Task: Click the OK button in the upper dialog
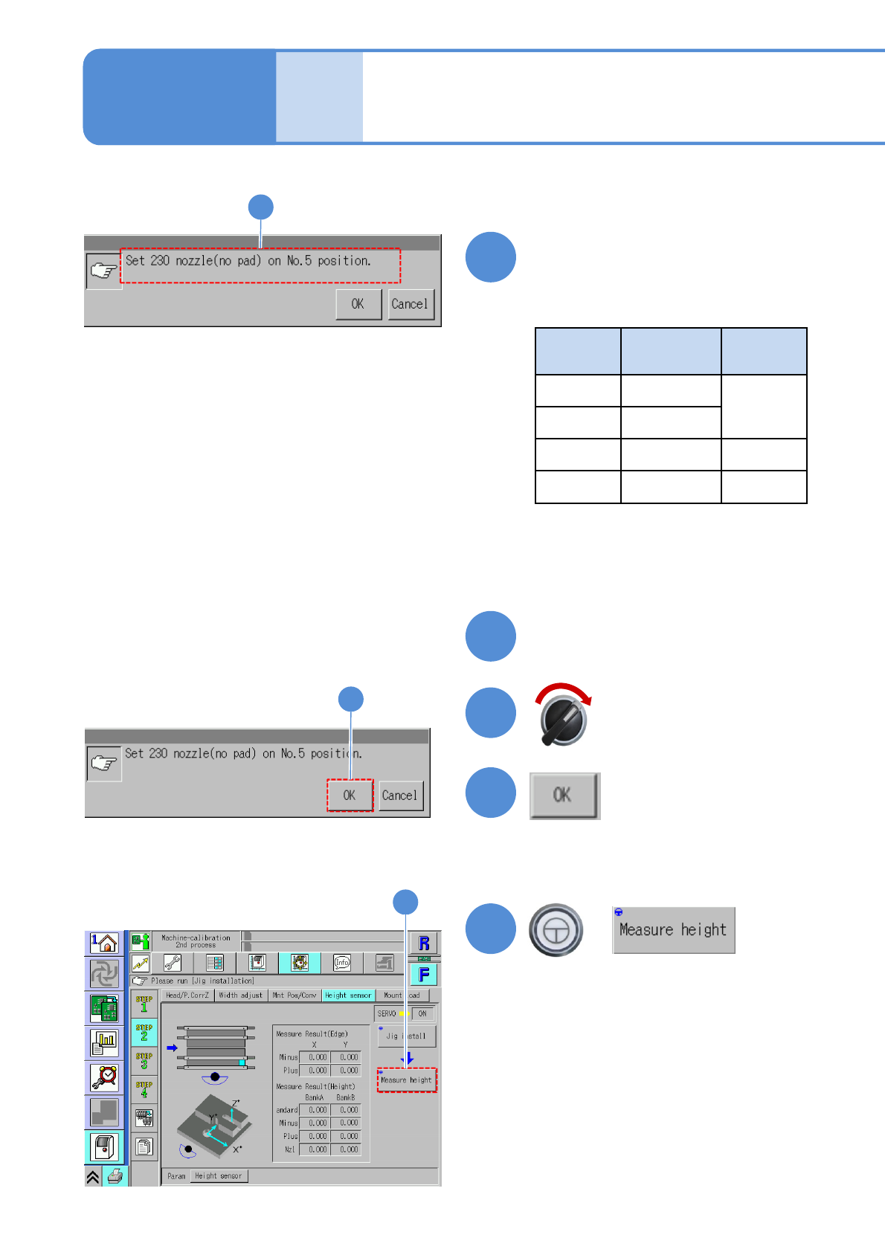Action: click(358, 304)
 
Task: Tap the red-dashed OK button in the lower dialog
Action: click(350, 796)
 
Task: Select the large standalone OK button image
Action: click(564, 796)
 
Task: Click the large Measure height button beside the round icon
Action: click(673, 930)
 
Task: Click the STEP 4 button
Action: click(144, 1089)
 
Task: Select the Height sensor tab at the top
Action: click(348, 995)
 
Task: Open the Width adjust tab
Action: click(240, 995)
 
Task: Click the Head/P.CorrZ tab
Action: click(187, 995)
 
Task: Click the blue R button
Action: click(424, 943)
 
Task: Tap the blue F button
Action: click(424, 974)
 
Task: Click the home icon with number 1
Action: click(104, 943)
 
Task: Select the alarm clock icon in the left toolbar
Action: click(104, 1077)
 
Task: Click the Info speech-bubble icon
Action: click(342, 963)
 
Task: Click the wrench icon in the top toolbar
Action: click(172, 963)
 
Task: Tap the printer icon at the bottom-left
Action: click(115, 1176)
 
